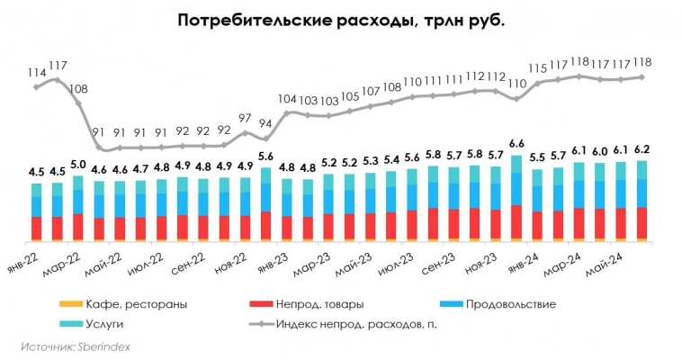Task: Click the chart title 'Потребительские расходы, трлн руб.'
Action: [x=341, y=21]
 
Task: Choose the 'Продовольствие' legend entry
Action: [x=508, y=304]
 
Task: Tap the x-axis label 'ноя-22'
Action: [x=232, y=261]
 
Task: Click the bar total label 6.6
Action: [x=516, y=143]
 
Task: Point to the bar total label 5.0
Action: [x=78, y=165]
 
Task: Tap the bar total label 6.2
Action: [x=642, y=148]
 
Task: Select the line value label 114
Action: [x=37, y=72]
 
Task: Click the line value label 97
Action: [x=245, y=118]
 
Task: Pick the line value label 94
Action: [x=265, y=123]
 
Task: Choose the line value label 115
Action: [x=538, y=67]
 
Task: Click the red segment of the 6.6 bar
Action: [x=516, y=221]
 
